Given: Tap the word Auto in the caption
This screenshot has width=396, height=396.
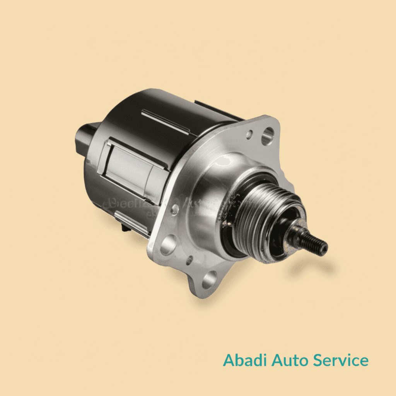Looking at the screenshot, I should coord(289,360).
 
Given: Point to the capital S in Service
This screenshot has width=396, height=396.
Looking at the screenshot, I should coord(317,360).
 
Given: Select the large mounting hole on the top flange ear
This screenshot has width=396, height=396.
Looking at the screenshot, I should coord(268,136).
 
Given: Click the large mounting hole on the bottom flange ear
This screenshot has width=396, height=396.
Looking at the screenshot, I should coord(209,280).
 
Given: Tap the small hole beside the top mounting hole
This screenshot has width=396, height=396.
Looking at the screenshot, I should coord(250,134).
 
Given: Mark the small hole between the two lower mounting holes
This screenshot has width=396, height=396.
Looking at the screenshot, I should coord(189,260).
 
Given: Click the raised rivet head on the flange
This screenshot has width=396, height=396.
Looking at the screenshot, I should coord(175,209).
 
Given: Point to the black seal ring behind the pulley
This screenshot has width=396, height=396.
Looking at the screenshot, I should coord(232,232).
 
